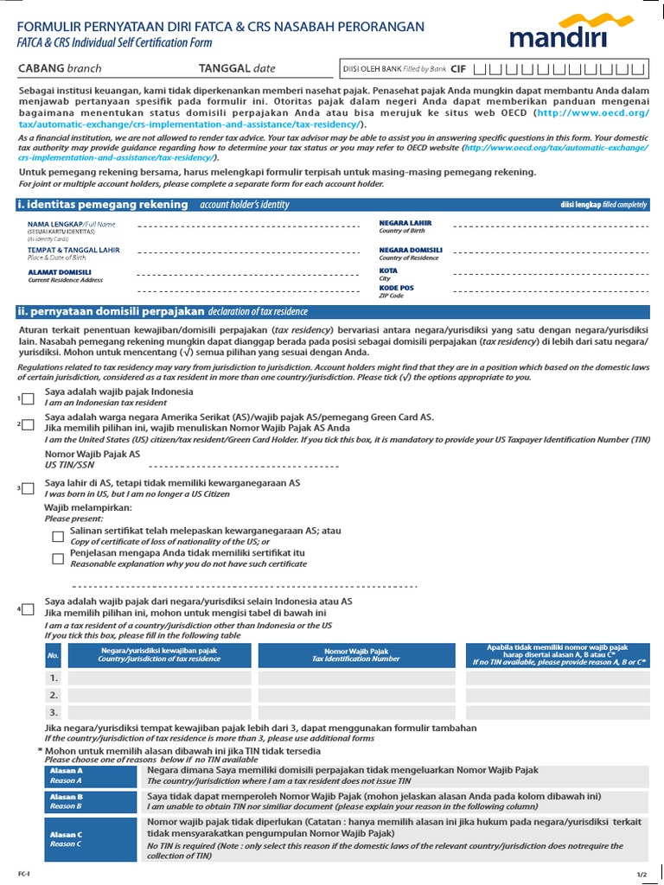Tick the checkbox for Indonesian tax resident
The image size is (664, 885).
(29, 398)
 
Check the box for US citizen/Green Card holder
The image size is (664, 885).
(29, 424)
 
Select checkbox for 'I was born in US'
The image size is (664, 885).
(29, 489)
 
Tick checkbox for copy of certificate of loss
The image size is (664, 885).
(58, 536)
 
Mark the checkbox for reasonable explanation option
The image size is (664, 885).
(58, 558)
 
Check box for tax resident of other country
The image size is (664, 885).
(29, 609)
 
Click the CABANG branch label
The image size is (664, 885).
(61, 68)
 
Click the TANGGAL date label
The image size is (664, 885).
(237, 68)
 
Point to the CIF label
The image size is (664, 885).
(458, 68)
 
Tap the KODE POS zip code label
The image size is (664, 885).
(396, 288)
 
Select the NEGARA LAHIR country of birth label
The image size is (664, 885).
(405, 223)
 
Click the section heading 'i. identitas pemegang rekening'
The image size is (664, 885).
(102, 204)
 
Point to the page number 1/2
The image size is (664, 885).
(642, 875)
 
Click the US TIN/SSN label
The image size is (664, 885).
(69, 464)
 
